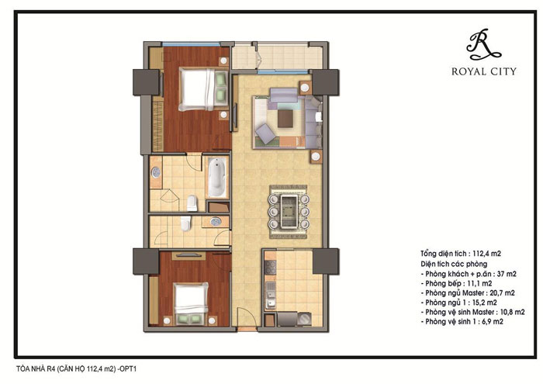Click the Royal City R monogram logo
point(483,44)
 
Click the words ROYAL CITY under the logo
point(484,71)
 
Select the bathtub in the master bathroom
point(216,178)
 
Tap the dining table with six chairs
point(289,211)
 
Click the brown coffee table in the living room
point(285,119)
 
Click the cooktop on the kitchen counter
point(270,268)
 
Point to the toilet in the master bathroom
point(192,203)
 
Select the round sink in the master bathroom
point(156,172)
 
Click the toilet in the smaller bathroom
point(185,223)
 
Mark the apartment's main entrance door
point(247,317)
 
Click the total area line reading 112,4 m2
point(461,254)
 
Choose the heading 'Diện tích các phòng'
point(454,264)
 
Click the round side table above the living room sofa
point(305,88)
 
